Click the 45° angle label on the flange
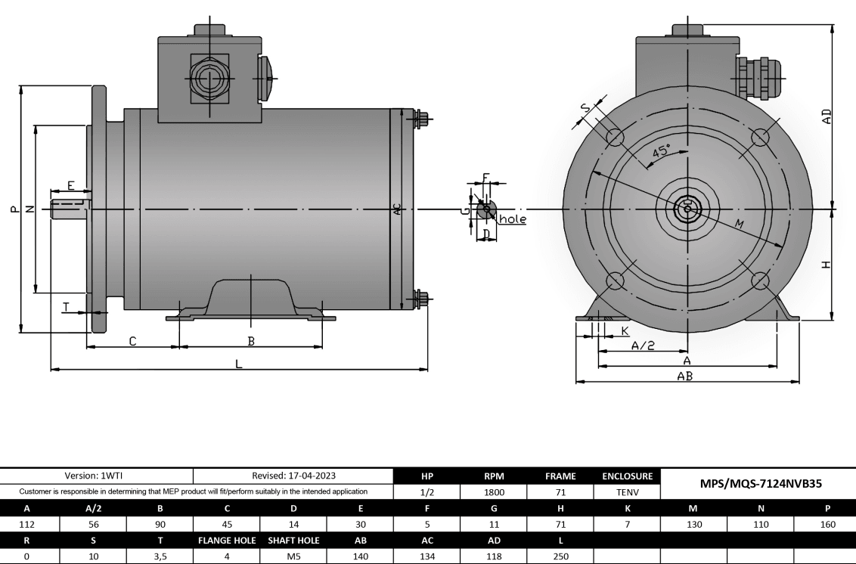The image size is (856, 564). (x=661, y=151)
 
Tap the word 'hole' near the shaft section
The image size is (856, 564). (x=512, y=219)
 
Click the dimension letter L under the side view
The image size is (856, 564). (x=239, y=364)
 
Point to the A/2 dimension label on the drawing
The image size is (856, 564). (x=643, y=346)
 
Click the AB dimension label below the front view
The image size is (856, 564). (x=685, y=376)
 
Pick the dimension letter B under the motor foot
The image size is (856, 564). (x=251, y=341)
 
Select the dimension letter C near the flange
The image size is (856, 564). (x=132, y=341)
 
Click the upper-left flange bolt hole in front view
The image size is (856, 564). (x=615, y=137)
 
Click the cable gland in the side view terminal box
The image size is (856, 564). (x=207, y=79)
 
